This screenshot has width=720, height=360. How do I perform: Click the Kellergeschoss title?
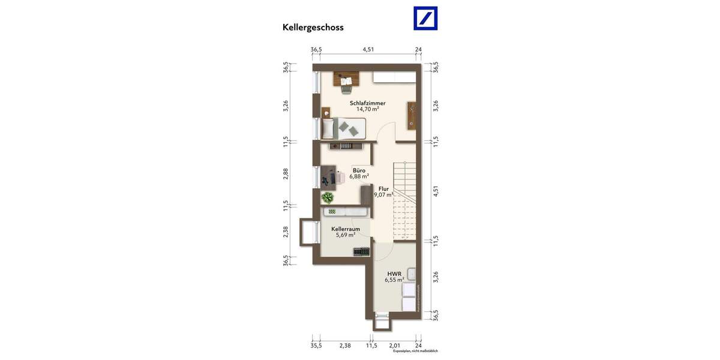(x=313, y=27)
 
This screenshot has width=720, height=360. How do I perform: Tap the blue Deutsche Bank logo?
(x=425, y=18)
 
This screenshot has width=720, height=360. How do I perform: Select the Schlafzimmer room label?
(x=367, y=103)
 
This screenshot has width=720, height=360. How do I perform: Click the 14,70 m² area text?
(x=367, y=109)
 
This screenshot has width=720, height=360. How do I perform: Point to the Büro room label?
(x=359, y=170)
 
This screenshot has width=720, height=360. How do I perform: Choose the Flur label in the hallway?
(x=383, y=188)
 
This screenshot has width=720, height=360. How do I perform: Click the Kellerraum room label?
(x=346, y=229)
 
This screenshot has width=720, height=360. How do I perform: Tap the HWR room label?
(x=394, y=274)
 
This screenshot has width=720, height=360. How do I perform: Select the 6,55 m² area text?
(x=394, y=280)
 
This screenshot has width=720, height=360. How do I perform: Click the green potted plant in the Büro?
(x=328, y=197)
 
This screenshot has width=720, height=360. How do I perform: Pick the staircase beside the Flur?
(x=404, y=201)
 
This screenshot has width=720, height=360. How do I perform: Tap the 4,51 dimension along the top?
(x=368, y=50)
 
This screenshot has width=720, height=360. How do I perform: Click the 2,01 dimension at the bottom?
(x=394, y=346)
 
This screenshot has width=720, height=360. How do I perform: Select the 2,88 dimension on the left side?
(x=286, y=173)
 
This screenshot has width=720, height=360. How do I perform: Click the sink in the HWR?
(x=412, y=274)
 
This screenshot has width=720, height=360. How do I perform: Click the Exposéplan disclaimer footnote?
(x=415, y=352)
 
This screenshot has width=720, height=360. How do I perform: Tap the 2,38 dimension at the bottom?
(x=345, y=346)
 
